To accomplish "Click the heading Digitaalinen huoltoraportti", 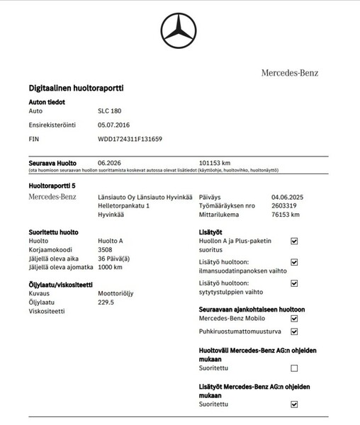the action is click(76, 88).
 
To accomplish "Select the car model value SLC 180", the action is click(109, 111).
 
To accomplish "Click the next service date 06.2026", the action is click(110, 162).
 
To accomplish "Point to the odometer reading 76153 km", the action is click(286, 215).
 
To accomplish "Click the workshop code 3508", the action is click(105, 249).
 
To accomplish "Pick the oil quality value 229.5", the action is click(106, 302).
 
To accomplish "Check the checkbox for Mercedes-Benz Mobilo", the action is click(294, 319).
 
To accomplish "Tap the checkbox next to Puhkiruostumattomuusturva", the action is click(294, 331).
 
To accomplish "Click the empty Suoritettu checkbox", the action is click(294, 368).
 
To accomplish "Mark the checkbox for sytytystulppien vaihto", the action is click(294, 284).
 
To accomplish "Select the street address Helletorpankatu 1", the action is click(123, 205).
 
